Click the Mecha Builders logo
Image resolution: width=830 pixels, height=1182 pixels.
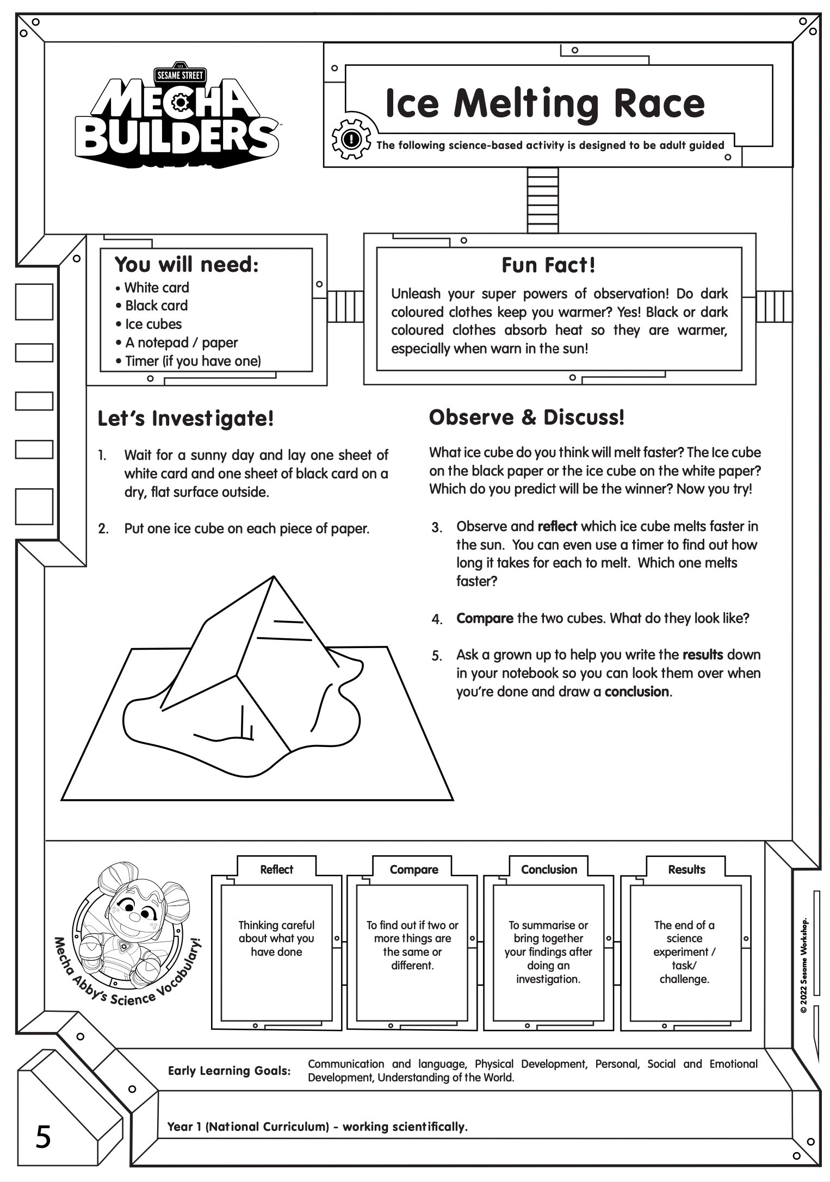point(179,117)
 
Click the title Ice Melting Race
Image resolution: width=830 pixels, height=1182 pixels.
point(544,103)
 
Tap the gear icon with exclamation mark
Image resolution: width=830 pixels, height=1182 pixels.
point(352,139)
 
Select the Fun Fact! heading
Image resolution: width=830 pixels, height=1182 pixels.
point(548,265)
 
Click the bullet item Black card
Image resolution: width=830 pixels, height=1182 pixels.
point(156,306)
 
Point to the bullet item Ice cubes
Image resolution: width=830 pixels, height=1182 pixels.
point(153,324)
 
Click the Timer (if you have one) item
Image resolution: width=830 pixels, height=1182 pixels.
point(193,361)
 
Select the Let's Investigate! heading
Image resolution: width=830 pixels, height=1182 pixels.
point(185,419)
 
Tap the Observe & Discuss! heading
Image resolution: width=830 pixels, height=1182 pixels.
point(527,418)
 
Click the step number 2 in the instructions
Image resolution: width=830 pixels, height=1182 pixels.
point(103,528)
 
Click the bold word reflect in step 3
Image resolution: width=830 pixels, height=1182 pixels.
point(557,526)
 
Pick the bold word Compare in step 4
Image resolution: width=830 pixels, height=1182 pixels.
point(485,618)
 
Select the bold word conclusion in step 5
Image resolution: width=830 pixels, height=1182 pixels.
point(636,692)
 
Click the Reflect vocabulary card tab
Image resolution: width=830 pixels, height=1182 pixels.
point(276,869)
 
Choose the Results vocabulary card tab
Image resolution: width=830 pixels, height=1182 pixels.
point(686,869)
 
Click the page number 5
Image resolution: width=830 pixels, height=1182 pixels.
point(44,1137)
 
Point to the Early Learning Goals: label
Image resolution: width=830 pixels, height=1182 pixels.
point(229,1071)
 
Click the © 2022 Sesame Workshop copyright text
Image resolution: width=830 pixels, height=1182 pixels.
point(803,965)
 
